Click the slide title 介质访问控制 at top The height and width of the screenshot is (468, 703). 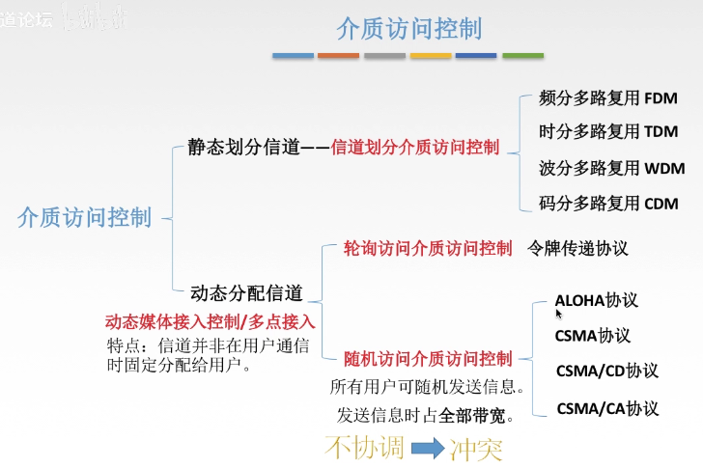point(409,28)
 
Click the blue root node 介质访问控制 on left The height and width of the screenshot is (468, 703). point(85,217)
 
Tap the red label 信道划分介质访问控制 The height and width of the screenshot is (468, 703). point(415,148)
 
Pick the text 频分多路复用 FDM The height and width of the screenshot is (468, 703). point(608,97)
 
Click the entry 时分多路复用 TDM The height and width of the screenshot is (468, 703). point(608,132)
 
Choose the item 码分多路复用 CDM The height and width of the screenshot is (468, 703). point(608,203)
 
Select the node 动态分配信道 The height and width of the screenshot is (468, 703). point(247,292)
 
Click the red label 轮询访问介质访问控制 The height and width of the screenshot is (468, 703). point(428,248)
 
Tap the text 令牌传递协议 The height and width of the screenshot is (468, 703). point(577,248)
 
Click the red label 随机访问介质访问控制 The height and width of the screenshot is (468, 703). point(428,359)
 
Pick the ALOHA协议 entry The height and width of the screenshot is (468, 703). point(597,301)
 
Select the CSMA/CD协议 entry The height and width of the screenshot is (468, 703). point(606,371)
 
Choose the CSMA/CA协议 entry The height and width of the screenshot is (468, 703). point(607,408)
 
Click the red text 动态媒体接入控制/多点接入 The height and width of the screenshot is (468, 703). point(211,321)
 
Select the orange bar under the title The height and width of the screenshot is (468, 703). point(338,56)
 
